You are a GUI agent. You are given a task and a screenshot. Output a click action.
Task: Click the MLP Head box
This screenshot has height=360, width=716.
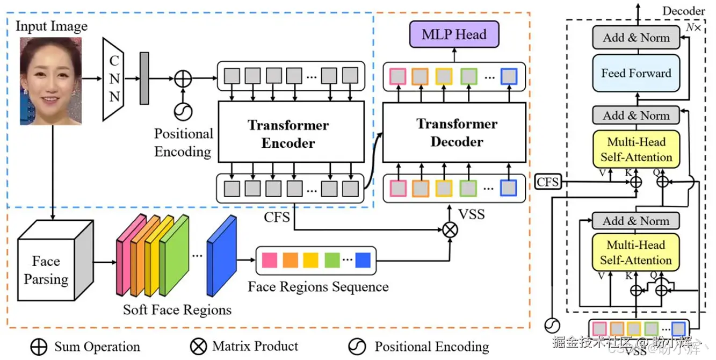(x=454, y=34)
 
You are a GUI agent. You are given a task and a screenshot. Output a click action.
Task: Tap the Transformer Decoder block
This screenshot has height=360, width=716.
(x=454, y=132)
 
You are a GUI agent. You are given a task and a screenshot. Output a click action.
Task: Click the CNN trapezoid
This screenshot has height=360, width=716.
(x=114, y=80)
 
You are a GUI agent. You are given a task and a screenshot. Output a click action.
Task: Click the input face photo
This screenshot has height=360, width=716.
(x=50, y=81)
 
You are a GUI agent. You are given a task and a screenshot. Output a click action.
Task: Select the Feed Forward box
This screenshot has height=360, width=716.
(x=636, y=74)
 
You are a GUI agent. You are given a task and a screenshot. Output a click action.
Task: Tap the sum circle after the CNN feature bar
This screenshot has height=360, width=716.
(x=183, y=78)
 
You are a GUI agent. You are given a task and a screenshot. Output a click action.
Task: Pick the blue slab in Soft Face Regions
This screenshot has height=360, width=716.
(x=222, y=256)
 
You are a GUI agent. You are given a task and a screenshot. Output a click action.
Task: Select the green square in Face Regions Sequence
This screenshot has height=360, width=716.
(x=332, y=260)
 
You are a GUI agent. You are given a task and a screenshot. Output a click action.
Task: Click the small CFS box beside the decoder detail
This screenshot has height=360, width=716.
(x=548, y=182)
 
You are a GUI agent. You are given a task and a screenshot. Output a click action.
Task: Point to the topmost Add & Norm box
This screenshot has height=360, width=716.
(x=636, y=38)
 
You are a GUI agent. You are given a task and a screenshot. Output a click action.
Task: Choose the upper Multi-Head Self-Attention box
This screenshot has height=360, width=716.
(x=636, y=149)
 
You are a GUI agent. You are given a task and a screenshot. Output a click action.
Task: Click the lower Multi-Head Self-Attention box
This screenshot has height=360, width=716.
(x=636, y=253)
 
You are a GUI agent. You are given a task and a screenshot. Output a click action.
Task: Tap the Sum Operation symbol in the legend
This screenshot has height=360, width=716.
(x=39, y=347)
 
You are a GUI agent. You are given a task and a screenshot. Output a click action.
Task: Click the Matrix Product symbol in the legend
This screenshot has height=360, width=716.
(x=198, y=347)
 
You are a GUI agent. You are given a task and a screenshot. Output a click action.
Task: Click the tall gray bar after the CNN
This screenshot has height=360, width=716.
(x=144, y=78)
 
